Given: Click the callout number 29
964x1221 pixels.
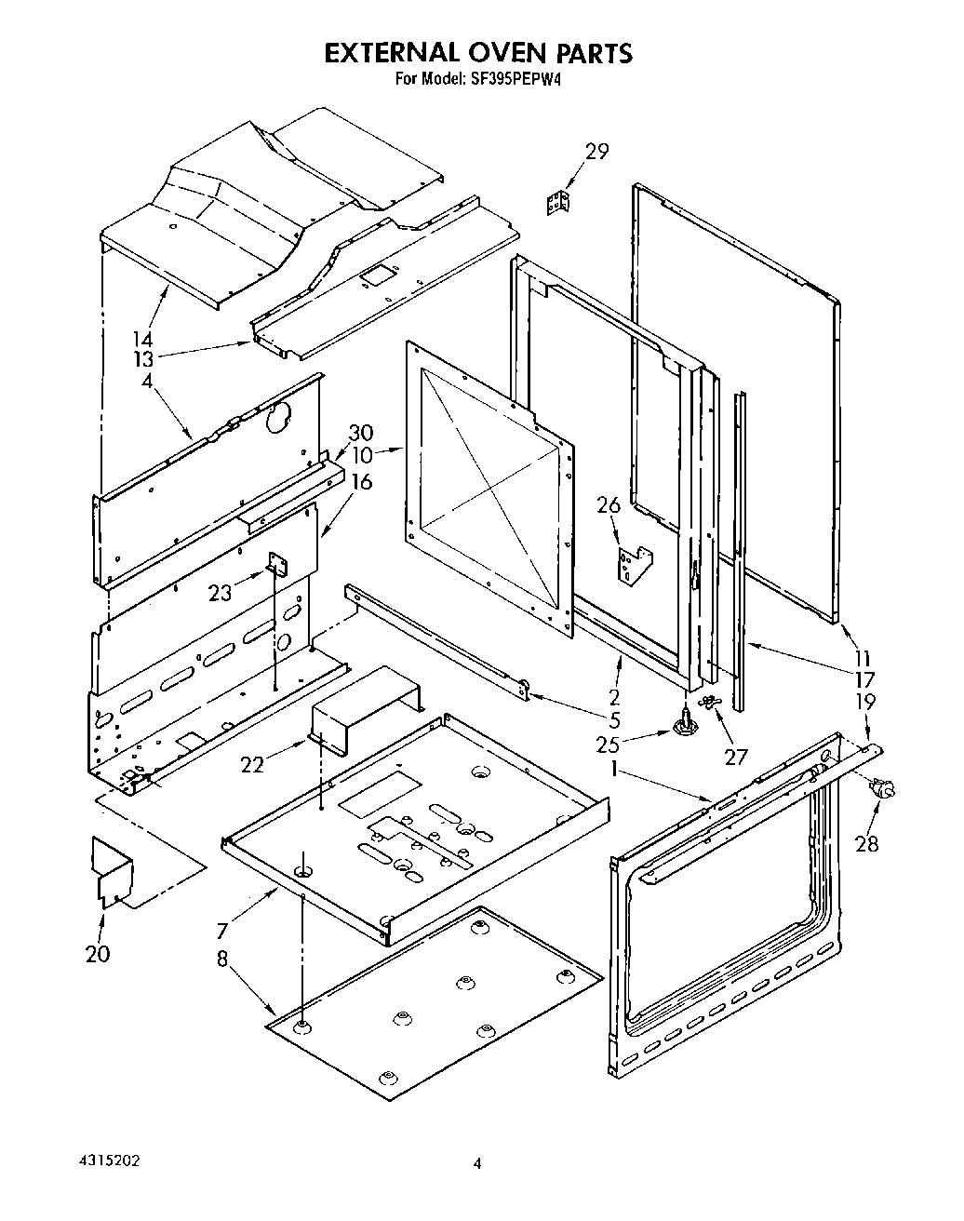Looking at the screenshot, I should tap(596, 152).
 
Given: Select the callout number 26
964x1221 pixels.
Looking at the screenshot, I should tap(608, 505).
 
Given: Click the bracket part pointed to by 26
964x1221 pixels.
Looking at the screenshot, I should tap(635, 567).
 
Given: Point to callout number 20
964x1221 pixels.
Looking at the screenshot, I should tap(98, 953).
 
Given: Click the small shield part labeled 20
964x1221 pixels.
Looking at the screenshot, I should tap(112, 871).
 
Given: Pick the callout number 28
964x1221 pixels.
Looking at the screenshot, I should tap(866, 844).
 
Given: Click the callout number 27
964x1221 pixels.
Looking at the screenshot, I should tap(735, 757).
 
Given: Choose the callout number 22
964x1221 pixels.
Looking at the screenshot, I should tap(252, 764).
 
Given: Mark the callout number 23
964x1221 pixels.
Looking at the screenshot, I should tap(220, 592).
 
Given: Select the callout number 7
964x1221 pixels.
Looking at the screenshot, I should tap(221, 930).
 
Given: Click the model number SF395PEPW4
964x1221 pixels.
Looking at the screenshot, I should tap(516, 79).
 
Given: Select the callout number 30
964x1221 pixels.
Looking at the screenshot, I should tap(361, 433).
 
